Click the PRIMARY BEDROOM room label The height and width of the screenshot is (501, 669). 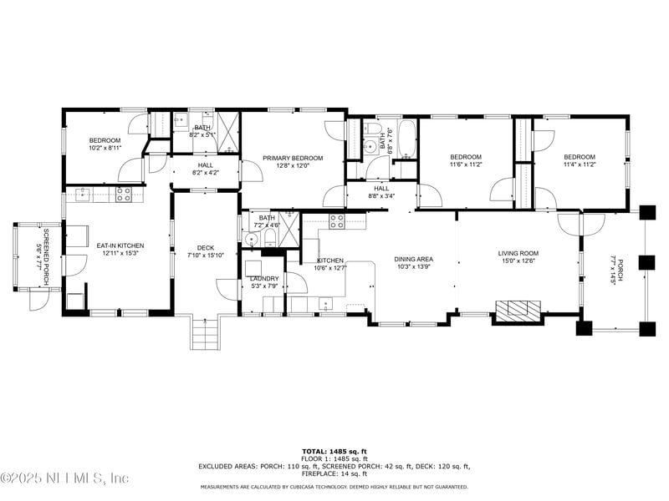293,158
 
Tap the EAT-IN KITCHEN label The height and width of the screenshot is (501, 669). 120,245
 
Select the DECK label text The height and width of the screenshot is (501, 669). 206,247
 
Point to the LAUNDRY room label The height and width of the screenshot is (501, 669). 264,278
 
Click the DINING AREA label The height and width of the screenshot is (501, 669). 413,259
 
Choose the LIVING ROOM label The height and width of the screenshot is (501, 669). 518,253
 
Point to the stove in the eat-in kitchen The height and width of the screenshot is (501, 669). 123,195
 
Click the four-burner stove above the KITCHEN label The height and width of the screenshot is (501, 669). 336,221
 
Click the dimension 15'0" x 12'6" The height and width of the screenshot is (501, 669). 518,261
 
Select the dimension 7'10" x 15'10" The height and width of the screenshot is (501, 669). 206,255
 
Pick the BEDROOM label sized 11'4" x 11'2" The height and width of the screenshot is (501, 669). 579,157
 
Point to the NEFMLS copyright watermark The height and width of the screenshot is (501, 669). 65,478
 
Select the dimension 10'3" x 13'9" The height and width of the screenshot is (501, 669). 413,267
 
